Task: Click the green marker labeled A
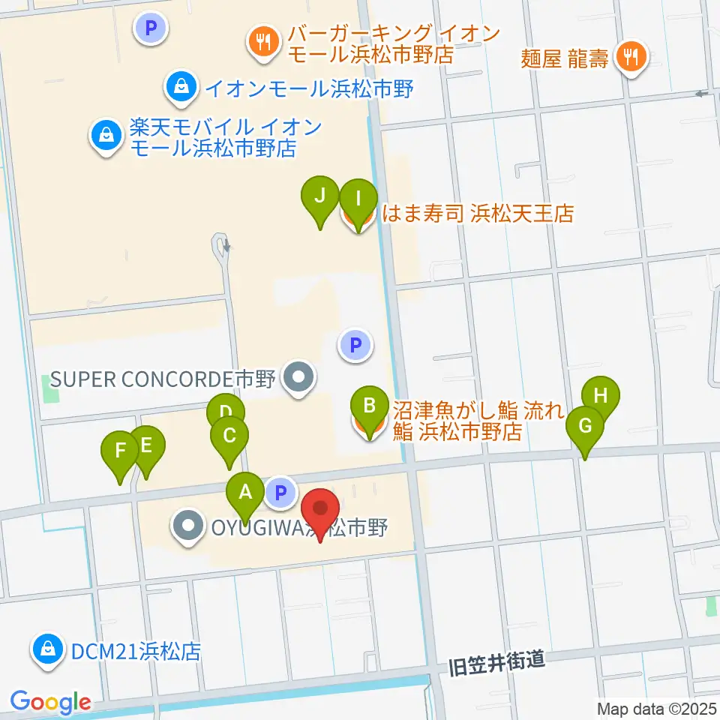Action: (x=245, y=493)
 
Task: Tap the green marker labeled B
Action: (x=369, y=407)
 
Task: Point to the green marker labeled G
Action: (x=585, y=427)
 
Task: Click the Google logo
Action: (x=50, y=702)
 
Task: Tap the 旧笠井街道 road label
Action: (x=495, y=662)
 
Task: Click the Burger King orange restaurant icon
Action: (x=262, y=42)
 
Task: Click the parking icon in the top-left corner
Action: (x=150, y=28)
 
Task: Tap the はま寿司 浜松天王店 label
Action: (x=478, y=214)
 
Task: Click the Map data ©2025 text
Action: (x=657, y=708)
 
